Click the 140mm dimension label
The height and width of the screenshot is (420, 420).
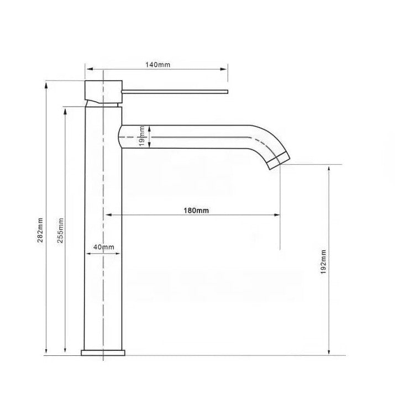158,65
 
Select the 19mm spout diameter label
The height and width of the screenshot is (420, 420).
142,136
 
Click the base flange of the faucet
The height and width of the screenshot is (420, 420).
103,351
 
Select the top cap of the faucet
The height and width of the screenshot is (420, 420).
103,88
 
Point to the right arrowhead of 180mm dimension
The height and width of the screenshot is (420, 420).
276,215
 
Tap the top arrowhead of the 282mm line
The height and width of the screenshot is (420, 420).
46,85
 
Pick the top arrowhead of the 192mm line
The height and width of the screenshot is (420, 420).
329,167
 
